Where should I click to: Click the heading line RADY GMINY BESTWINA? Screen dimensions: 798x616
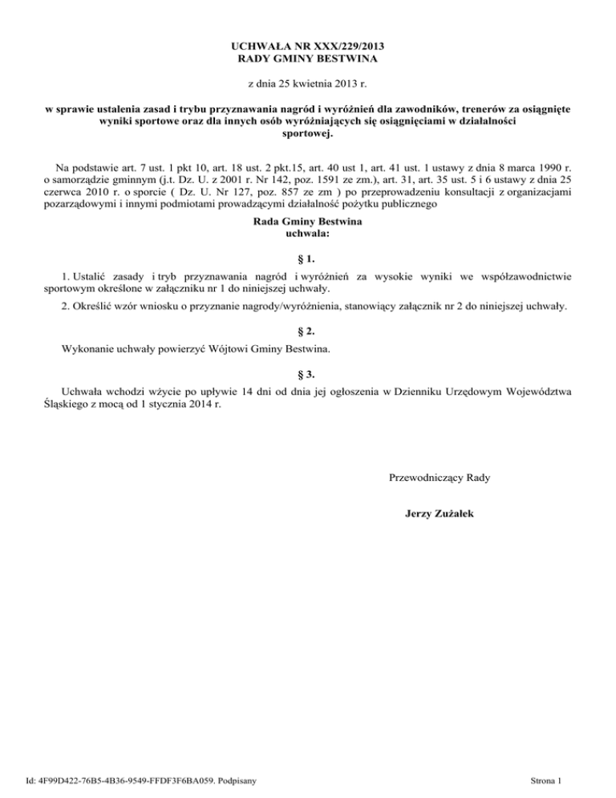coord(308,59)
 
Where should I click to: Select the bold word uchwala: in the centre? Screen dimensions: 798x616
coord(308,234)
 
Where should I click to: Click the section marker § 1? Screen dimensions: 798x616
coord(308,259)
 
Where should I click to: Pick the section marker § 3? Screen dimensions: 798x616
coord(308,373)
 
